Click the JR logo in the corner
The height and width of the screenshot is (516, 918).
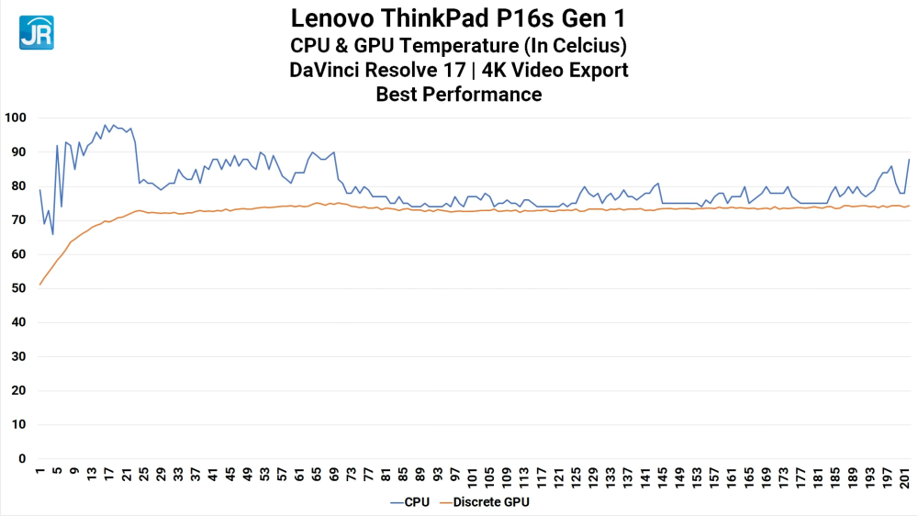point(36,32)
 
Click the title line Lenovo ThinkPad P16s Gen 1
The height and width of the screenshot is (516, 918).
point(458,17)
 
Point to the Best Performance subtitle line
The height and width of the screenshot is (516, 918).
point(458,94)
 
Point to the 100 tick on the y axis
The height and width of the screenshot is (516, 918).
point(16,118)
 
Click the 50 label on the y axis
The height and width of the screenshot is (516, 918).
point(18,288)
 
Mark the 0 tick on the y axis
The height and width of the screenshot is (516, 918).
point(22,458)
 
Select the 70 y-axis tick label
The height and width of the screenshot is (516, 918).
point(18,220)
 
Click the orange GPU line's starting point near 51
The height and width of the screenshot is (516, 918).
point(40,285)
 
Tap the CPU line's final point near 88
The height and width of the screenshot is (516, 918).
point(909,160)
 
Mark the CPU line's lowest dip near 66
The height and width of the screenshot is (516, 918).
point(52,234)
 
